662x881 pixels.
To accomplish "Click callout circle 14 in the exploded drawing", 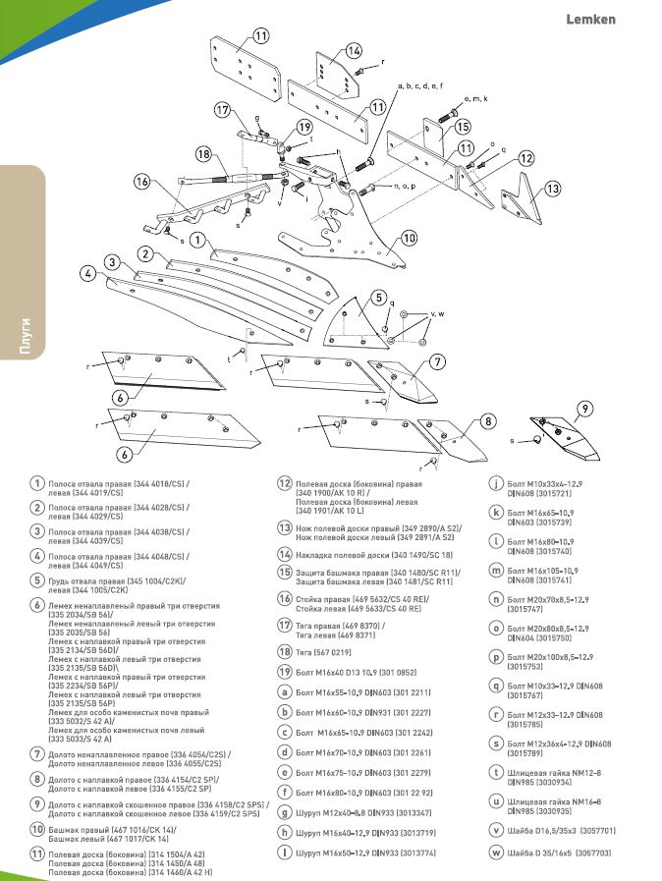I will [354, 51].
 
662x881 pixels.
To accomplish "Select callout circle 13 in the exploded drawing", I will [552, 188].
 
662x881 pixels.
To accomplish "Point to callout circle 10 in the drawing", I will [409, 237].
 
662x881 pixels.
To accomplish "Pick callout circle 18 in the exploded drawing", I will [203, 154].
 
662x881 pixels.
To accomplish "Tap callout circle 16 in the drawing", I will [142, 182].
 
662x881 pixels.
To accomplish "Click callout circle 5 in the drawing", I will [378, 297].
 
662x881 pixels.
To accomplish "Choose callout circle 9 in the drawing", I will [583, 408].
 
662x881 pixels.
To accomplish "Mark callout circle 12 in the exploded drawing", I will [526, 157].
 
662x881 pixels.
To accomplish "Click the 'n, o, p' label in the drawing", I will [404, 185].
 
